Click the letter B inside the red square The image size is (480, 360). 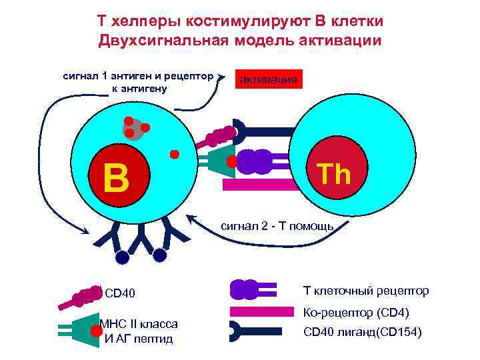pos(116,177)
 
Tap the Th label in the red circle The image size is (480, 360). pos(334,174)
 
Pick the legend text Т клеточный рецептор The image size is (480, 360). pos(366,291)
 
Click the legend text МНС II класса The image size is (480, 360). pos(138,324)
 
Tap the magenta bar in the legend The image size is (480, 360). pos(261,311)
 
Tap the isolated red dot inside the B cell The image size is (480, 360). pos(175,155)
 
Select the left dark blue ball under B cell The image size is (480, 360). pos(122,257)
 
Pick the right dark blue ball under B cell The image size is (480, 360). pos(159,255)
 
